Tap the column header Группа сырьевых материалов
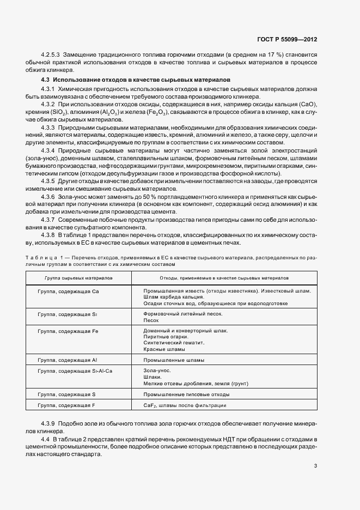click(75, 278)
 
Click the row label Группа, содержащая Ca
click(68, 291)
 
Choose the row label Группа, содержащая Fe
click(68, 331)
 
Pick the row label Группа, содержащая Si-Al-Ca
click(75, 371)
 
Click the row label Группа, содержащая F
click(67, 405)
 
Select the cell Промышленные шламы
click(174, 360)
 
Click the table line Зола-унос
click(156, 371)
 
